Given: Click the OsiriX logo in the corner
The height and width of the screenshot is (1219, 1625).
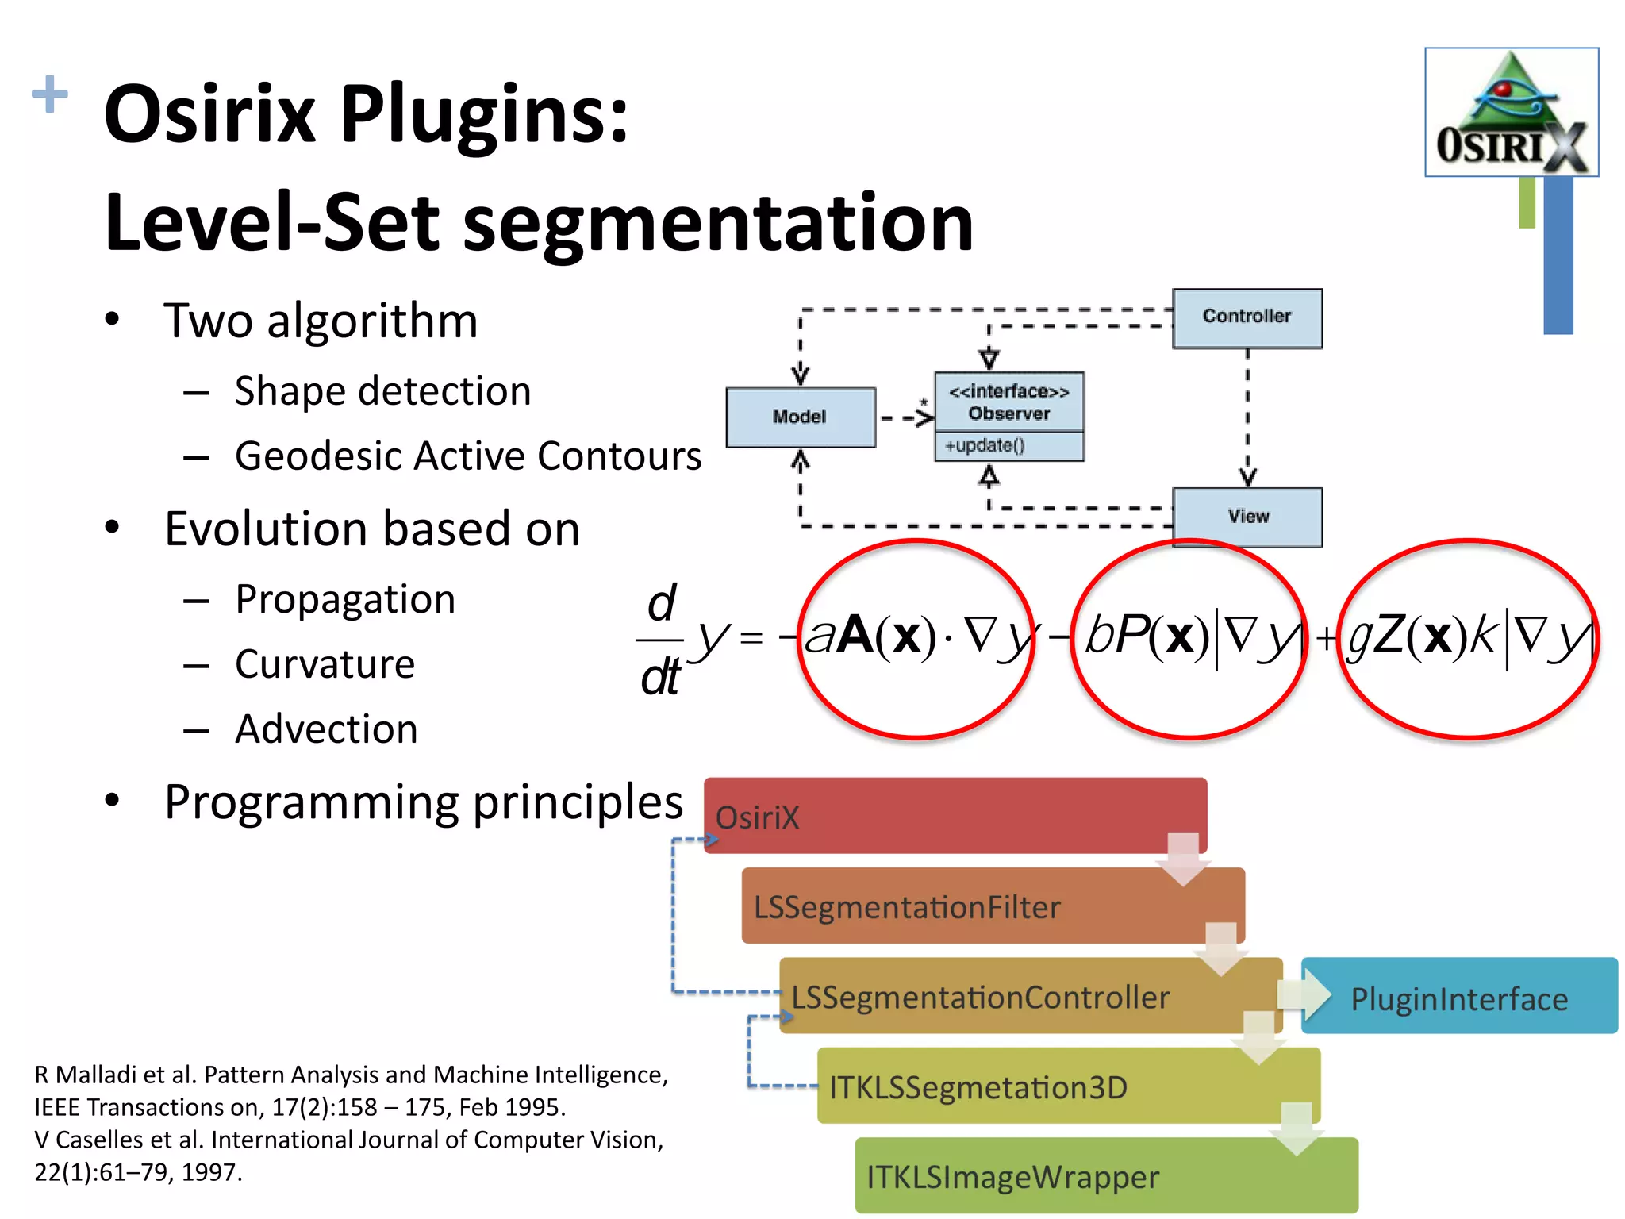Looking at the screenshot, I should point(1511,112).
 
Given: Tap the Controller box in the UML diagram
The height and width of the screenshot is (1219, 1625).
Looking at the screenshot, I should point(1247,317).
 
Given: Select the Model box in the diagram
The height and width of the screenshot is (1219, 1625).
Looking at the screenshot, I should point(800,417).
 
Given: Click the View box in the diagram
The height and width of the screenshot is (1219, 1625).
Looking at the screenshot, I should point(1247,517).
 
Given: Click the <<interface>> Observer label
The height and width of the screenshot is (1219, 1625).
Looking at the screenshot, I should point(1008,402).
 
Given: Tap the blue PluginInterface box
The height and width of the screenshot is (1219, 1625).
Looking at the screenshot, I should point(1458,997).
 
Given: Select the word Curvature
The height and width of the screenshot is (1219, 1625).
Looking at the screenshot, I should point(325,664).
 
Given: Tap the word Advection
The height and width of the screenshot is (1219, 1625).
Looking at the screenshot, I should point(326,729).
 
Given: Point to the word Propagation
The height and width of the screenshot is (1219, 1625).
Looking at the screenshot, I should point(345,599).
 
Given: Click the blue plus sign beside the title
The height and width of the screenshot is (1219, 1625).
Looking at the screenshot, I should point(49,94).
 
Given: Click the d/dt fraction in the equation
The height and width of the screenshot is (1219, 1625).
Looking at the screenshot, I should point(660,640).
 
